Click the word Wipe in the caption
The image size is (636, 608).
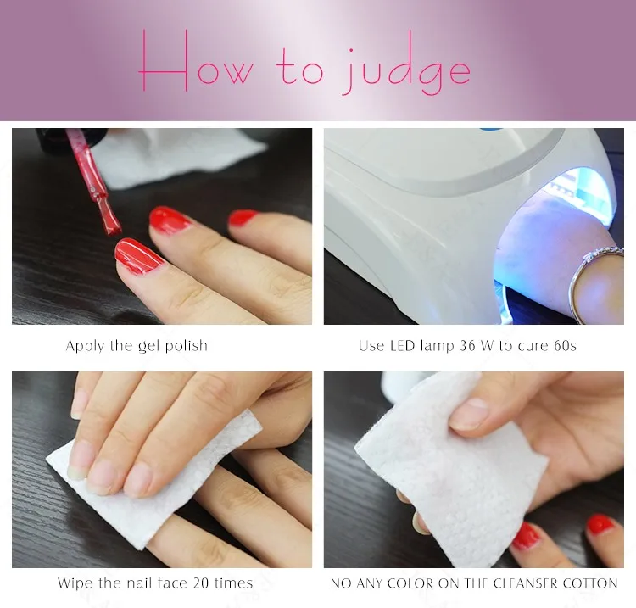click(x=75, y=583)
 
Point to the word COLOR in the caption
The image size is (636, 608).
click(x=399, y=583)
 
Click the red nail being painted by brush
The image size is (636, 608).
click(x=138, y=255)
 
